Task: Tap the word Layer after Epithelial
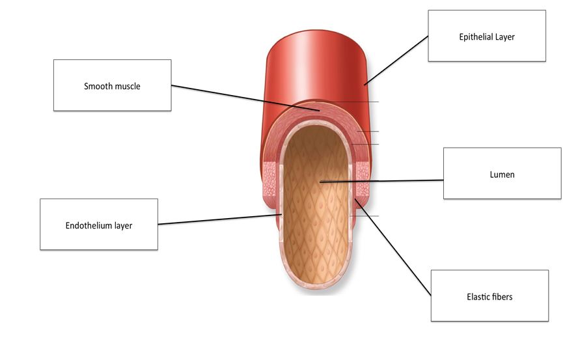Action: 504,37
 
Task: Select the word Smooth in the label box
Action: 98,86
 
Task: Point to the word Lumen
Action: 502,174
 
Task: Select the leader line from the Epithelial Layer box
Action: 397,59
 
